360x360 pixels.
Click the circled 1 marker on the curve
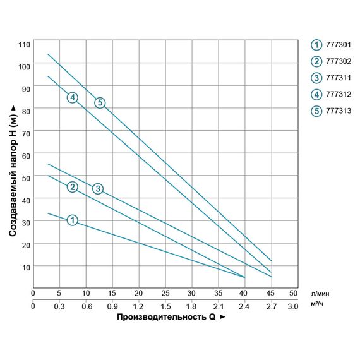72,220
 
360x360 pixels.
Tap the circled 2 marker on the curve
72,186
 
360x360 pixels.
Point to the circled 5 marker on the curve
99,102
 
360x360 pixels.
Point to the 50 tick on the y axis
26,177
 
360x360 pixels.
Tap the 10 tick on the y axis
26,267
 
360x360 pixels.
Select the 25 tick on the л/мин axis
165,294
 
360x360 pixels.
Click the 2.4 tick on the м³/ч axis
244,306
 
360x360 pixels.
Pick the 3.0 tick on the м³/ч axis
292,306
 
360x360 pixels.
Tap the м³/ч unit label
318,306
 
